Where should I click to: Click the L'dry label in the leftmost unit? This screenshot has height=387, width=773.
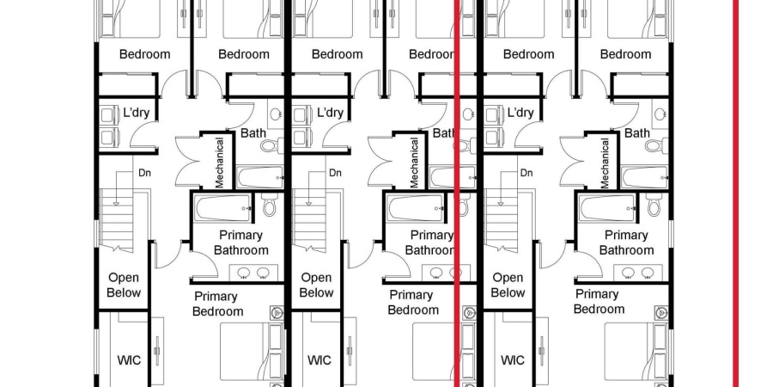(x=137, y=113)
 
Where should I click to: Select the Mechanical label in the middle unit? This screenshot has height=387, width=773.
(x=413, y=163)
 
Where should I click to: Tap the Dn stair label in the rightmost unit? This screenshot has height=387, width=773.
(x=528, y=173)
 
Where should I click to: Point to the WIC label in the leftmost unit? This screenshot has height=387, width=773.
(x=128, y=360)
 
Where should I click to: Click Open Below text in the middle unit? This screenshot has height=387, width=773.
(x=316, y=285)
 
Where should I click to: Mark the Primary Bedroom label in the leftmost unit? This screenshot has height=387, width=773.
(x=216, y=304)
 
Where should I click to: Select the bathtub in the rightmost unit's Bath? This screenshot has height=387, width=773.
(x=643, y=177)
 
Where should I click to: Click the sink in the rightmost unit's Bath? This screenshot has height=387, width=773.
(x=660, y=114)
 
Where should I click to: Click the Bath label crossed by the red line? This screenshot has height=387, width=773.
(x=444, y=133)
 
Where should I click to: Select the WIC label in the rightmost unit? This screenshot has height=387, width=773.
(x=513, y=360)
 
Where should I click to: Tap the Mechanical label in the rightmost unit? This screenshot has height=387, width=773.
(x=606, y=163)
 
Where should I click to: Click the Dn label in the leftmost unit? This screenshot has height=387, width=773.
(x=144, y=173)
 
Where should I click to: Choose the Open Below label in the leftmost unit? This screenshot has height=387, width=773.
(x=124, y=285)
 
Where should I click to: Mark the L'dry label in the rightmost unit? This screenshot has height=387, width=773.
(x=520, y=113)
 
